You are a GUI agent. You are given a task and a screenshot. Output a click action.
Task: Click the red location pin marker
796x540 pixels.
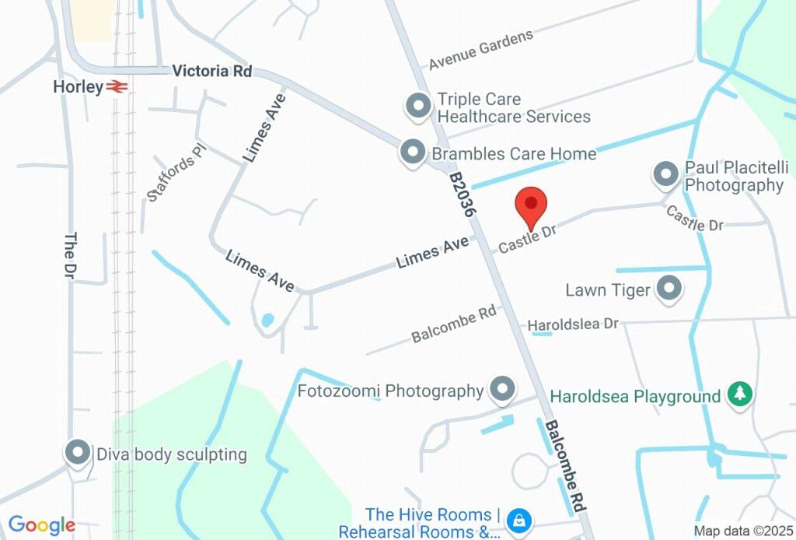(532, 205)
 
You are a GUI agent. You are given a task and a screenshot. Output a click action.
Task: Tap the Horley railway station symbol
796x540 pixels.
(117, 86)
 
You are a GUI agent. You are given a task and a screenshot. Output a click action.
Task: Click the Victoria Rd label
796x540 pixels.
(212, 71)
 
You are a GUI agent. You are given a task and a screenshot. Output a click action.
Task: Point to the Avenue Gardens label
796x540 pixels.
(481, 49)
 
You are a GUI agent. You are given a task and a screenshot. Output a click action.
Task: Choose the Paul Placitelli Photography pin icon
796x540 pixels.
(666, 175)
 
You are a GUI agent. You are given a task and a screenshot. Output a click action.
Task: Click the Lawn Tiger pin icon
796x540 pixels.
(669, 289)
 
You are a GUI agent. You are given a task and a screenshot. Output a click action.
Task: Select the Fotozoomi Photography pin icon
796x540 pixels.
(503, 389)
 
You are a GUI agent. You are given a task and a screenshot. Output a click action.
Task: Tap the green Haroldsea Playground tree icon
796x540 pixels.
(738, 394)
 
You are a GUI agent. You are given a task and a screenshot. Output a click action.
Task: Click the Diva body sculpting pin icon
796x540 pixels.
(77, 452)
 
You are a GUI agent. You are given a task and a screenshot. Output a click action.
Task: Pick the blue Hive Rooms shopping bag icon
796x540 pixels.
(518, 518)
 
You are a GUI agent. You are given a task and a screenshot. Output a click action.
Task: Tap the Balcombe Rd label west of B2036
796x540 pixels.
(454, 324)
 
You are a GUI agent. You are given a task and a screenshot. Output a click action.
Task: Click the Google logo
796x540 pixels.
(42, 525)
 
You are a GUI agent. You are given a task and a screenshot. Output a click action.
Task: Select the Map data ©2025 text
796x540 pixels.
(742, 531)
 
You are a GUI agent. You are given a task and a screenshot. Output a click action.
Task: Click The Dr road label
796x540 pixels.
(70, 257)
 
